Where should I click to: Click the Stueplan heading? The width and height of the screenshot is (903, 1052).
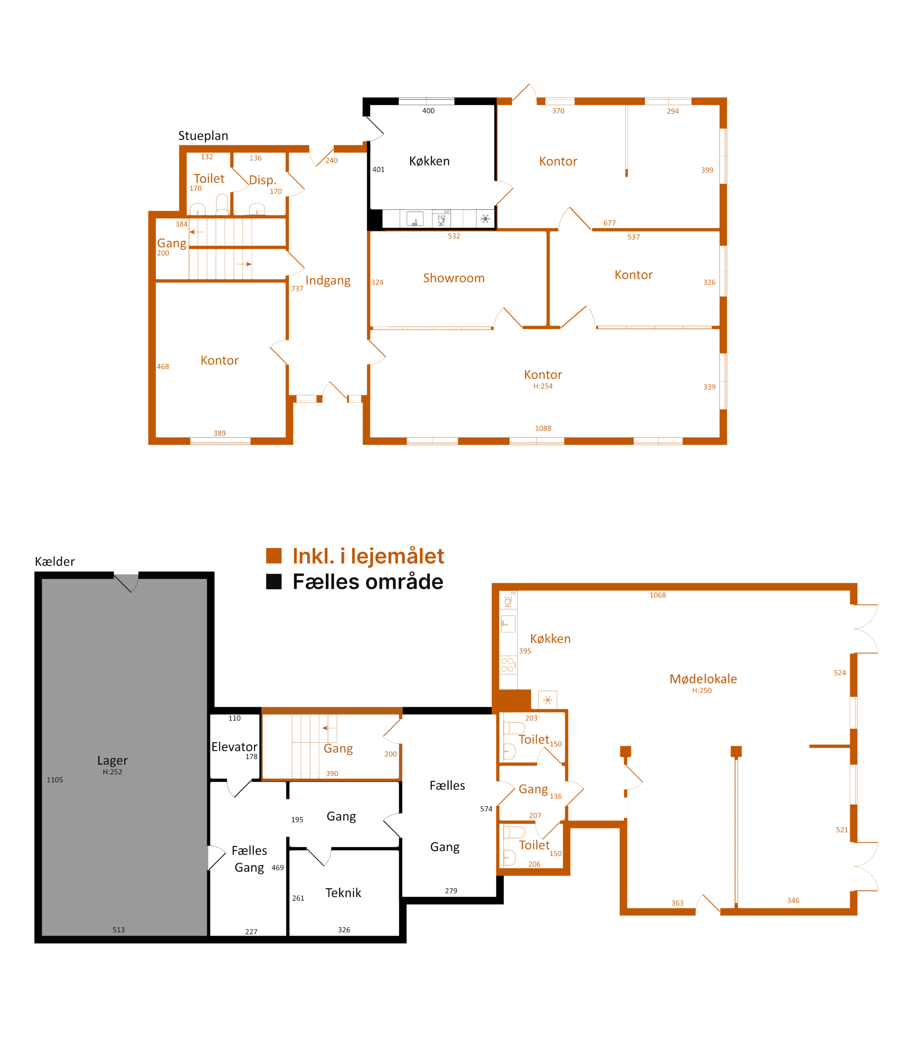click(203, 136)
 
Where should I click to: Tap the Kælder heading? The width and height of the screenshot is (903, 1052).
click(55, 561)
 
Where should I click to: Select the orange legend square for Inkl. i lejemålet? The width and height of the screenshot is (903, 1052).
click(274, 556)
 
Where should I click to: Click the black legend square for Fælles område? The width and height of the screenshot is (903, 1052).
click(274, 581)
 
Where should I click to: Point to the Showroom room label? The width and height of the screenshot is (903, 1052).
click(454, 278)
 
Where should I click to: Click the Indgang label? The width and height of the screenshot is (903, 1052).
click(328, 281)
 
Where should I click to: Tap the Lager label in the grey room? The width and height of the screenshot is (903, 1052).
click(112, 760)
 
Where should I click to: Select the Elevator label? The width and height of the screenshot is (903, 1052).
click(235, 747)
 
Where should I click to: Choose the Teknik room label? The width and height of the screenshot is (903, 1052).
click(343, 893)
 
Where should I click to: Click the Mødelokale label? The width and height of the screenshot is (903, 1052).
click(703, 679)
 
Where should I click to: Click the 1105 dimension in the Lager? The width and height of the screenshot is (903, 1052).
click(55, 780)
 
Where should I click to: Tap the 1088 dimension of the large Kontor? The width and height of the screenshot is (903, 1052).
click(543, 429)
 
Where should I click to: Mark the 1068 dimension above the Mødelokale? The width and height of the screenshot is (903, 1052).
click(658, 595)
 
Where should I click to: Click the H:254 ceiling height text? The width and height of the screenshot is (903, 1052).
click(543, 386)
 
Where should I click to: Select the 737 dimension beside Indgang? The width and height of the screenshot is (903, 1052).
click(297, 289)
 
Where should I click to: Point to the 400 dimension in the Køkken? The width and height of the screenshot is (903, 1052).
click(428, 111)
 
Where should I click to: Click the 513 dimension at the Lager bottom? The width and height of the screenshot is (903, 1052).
click(119, 930)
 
